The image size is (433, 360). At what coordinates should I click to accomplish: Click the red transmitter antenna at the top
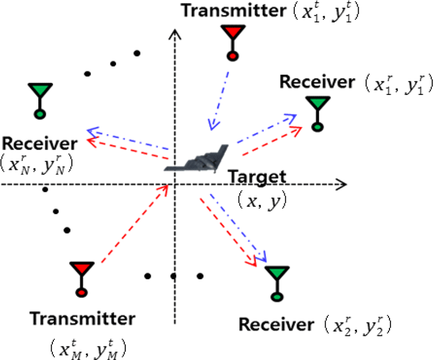point(233,43)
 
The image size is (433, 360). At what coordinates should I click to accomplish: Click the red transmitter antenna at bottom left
point(82,279)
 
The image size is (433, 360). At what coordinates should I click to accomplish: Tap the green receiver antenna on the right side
point(318,114)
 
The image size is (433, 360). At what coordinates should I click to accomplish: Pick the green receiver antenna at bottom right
point(277,283)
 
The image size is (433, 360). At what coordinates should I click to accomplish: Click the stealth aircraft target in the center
point(196,159)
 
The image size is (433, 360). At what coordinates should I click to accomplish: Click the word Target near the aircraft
point(257,177)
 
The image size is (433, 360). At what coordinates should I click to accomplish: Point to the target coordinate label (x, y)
point(262,200)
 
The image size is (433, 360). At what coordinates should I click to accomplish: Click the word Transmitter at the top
point(234,10)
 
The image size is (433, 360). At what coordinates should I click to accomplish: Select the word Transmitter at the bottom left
point(82,319)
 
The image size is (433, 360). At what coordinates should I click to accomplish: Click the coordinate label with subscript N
point(37,165)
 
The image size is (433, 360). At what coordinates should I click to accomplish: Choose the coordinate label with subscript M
point(88,348)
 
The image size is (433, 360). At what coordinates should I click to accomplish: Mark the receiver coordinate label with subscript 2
point(358,325)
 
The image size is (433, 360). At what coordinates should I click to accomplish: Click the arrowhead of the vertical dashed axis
point(175,34)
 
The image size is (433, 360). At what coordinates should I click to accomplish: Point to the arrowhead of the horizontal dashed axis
point(341,184)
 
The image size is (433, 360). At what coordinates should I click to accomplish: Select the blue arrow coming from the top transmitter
point(219,101)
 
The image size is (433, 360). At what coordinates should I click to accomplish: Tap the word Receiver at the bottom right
point(276,324)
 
